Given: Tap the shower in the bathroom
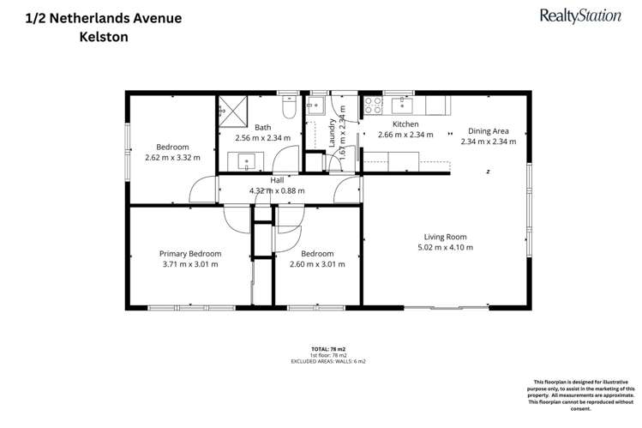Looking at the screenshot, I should point(230,109).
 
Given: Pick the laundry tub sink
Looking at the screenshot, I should point(315,106).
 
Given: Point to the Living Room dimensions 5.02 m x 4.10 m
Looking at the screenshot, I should point(445,247).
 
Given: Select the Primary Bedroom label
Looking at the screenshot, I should point(190,253).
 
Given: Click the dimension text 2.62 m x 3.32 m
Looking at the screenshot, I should point(172,158).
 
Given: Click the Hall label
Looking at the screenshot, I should point(277,180).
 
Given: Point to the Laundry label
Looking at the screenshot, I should point(333,134).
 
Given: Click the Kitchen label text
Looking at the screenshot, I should point(405,124).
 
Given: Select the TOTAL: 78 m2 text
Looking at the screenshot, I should point(321,348).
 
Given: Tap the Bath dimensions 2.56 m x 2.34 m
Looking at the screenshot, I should point(262,136).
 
